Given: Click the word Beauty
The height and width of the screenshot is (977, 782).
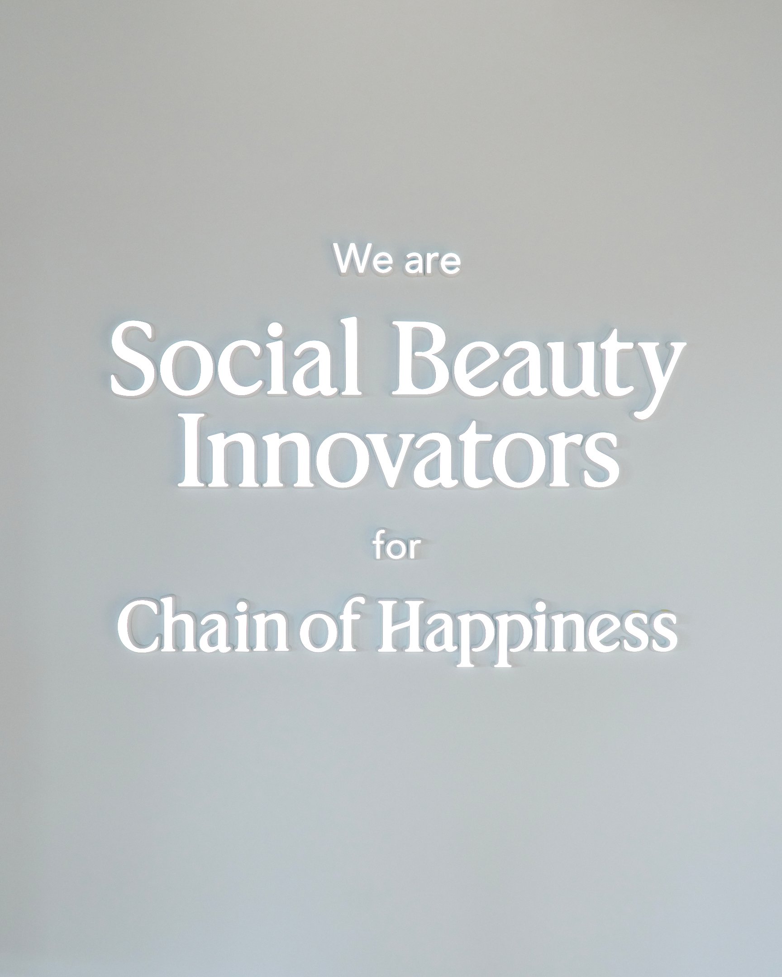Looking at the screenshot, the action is [537, 367].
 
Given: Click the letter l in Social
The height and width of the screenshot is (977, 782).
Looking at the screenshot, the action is [350, 358].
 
